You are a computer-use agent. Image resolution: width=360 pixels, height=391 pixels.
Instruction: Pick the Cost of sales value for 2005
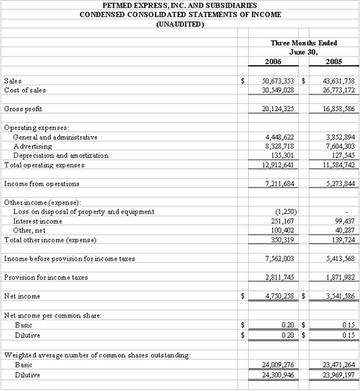point(333,90)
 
